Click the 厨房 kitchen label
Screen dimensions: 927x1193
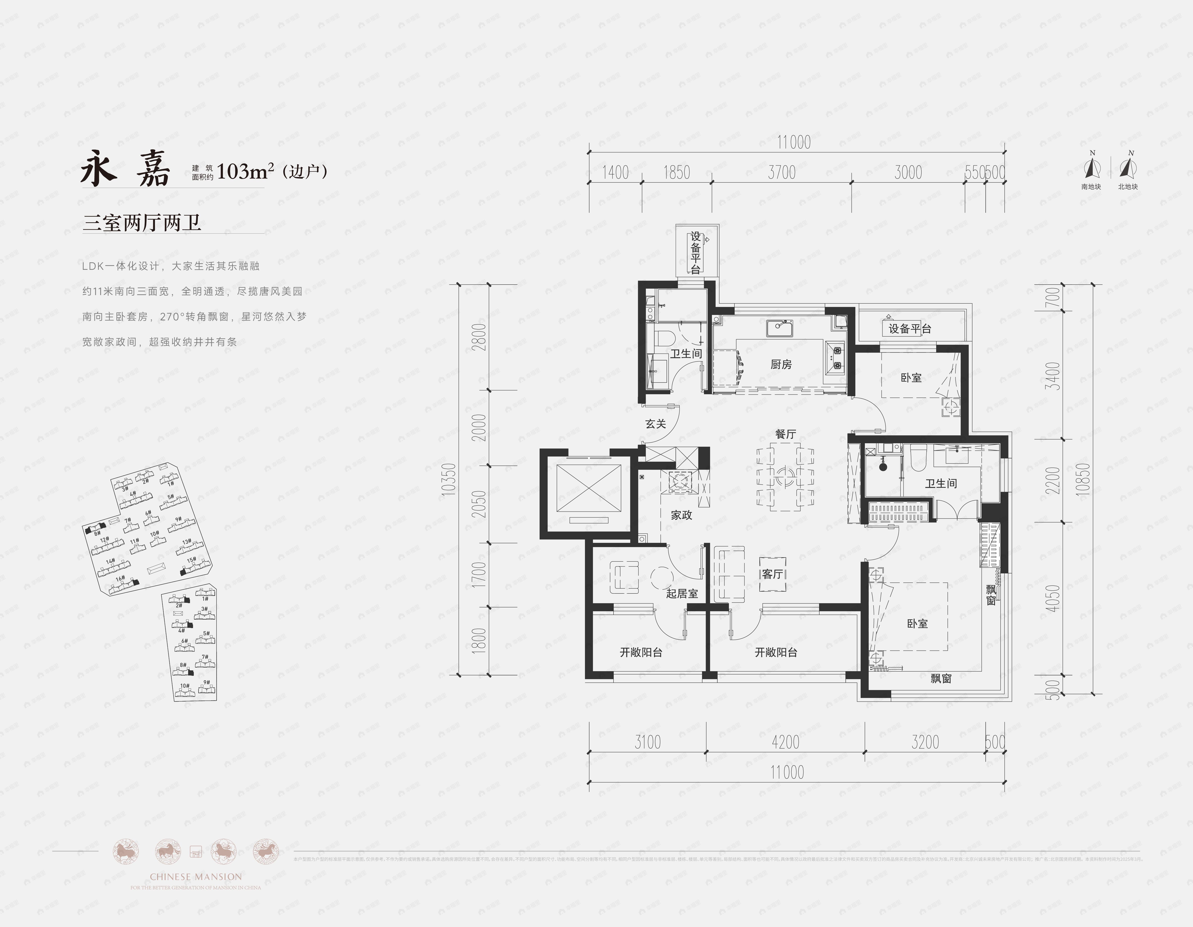coord(781,364)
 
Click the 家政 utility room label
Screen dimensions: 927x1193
coord(681,515)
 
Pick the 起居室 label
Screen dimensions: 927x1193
coord(682,593)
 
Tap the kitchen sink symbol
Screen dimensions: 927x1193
coord(779,329)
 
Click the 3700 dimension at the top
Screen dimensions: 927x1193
coord(782,172)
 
